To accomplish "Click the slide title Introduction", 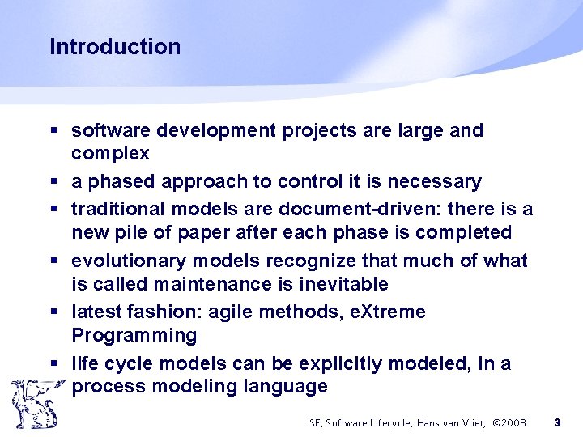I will tap(115, 47).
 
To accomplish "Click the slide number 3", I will tap(557, 422).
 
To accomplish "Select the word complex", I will tap(110, 154).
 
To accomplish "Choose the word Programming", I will tap(134, 335).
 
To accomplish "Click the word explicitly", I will tap(340, 363).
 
